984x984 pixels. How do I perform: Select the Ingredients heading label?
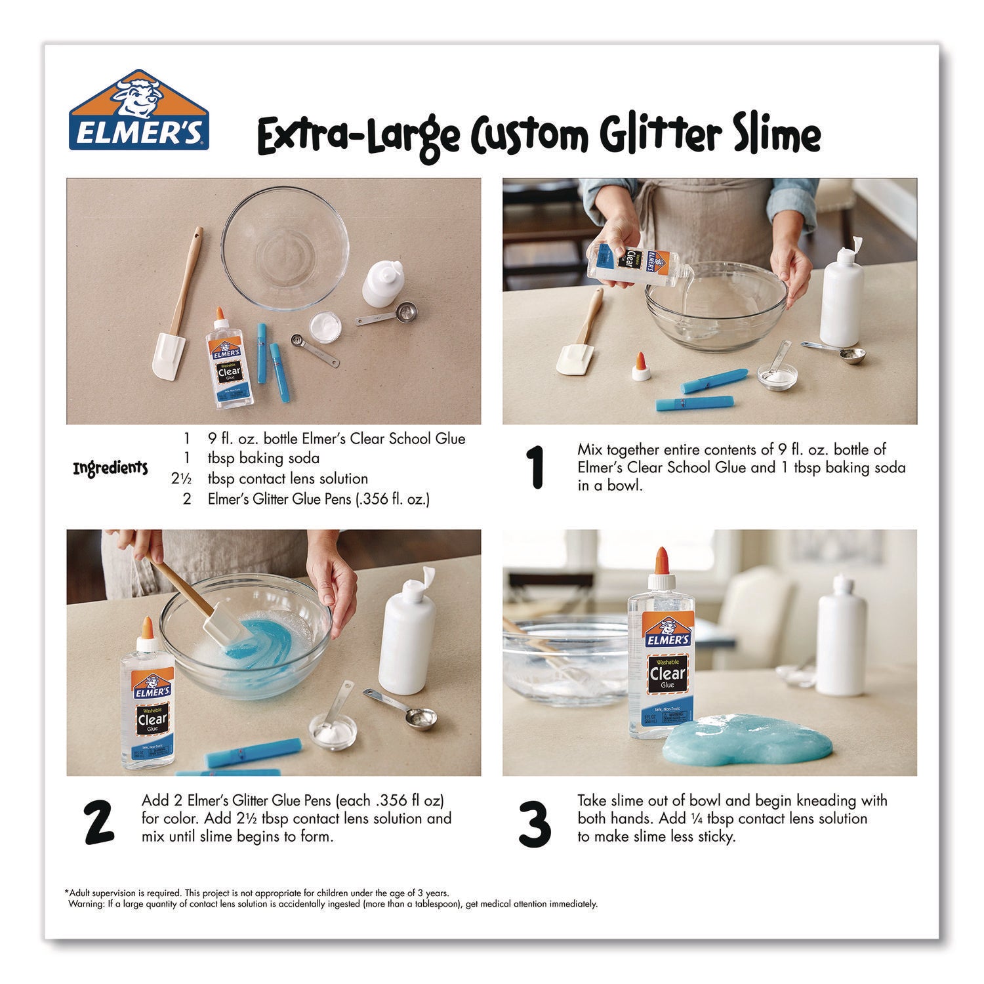tap(110, 468)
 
